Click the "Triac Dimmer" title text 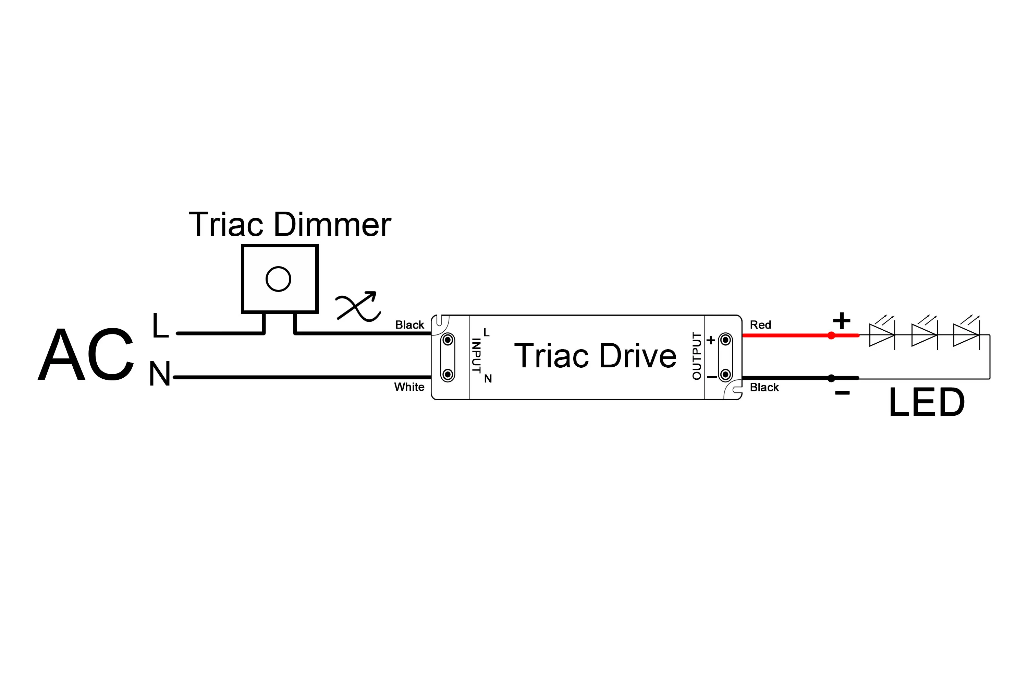click(289, 225)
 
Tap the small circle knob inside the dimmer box click(278, 279)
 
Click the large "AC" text click(86, 354)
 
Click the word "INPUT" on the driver click(476, 355)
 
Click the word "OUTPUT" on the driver click(697, 356)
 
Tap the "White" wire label click(409, 387)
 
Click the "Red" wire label click(760, 324)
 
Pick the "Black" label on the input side click(409, 324)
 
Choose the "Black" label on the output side click(764, 387)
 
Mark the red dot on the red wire click(831, 335)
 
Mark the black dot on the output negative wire click(831, 378)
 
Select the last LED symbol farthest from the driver click(966, 335)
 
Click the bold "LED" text click(927, 402)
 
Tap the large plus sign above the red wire click(841, 321)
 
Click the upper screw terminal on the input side click(448, 340)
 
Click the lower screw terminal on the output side click(725, 375)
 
